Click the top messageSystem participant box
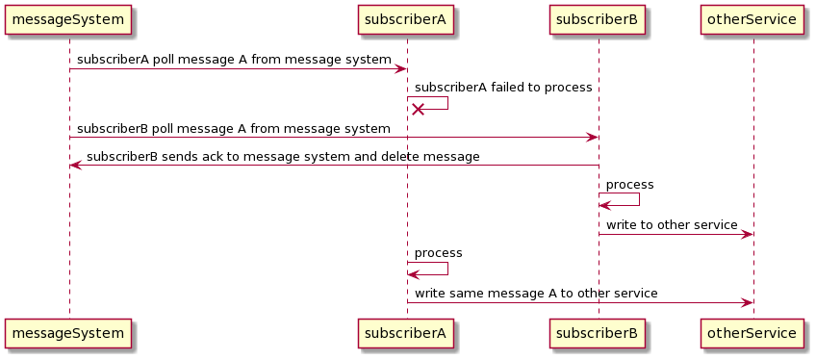[68, 19]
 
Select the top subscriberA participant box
[406, 19]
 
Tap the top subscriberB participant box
[598, 19]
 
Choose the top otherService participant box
[752, 19]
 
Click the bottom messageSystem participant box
[68, 333]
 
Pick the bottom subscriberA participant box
[406, 333]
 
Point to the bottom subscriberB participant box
[598, 333]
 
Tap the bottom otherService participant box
[752, 333]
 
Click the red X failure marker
[419, 110]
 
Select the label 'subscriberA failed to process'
[502, 88]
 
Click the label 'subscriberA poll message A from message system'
[234, 60]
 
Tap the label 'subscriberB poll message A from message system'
[234, 128]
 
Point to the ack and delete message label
[283, 156]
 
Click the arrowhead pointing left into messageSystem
[75, 166]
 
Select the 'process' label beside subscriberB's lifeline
[629, 184]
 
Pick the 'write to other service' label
[672, 224]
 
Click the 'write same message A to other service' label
[536, 293]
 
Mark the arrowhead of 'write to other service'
[747, 234]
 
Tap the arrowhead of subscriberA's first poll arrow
[400, 68]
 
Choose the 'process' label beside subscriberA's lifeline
[438, 252]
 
